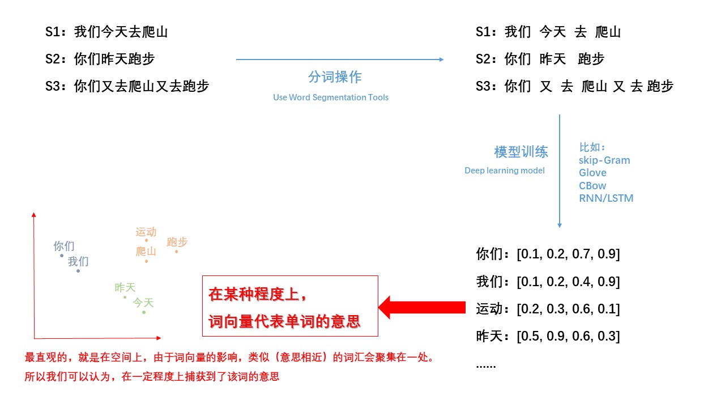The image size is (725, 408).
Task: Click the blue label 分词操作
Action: click(335, 77)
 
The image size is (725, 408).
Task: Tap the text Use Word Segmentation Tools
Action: click(331, 97)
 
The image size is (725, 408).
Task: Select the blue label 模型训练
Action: click(521, 152)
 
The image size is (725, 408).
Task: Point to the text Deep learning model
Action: click(505, 171)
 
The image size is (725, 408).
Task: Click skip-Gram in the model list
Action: click(604, 160)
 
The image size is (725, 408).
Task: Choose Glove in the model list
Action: click(592, 173)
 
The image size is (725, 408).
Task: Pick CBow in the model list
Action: click(592, 186)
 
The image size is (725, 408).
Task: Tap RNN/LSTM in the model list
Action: click(606, 198)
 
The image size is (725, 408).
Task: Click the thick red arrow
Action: click(421, 308)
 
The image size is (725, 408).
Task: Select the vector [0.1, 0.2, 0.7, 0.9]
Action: click(568, 254)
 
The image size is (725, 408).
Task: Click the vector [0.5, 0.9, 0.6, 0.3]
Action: click(568, 336)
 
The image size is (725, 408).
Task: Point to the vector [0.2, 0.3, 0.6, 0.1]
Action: click(568, 309)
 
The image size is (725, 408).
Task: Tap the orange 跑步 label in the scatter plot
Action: click(177, 242)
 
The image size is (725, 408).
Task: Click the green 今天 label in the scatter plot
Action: click(143, 303)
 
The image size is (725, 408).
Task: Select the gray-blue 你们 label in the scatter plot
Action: click(64, 246)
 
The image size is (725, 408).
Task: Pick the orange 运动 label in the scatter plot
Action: click(146, 232)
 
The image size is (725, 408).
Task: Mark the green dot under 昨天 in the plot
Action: click(125, 297)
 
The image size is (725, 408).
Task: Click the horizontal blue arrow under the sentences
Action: click(340, 59)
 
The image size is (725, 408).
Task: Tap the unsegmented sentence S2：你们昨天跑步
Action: click(100, 59)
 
